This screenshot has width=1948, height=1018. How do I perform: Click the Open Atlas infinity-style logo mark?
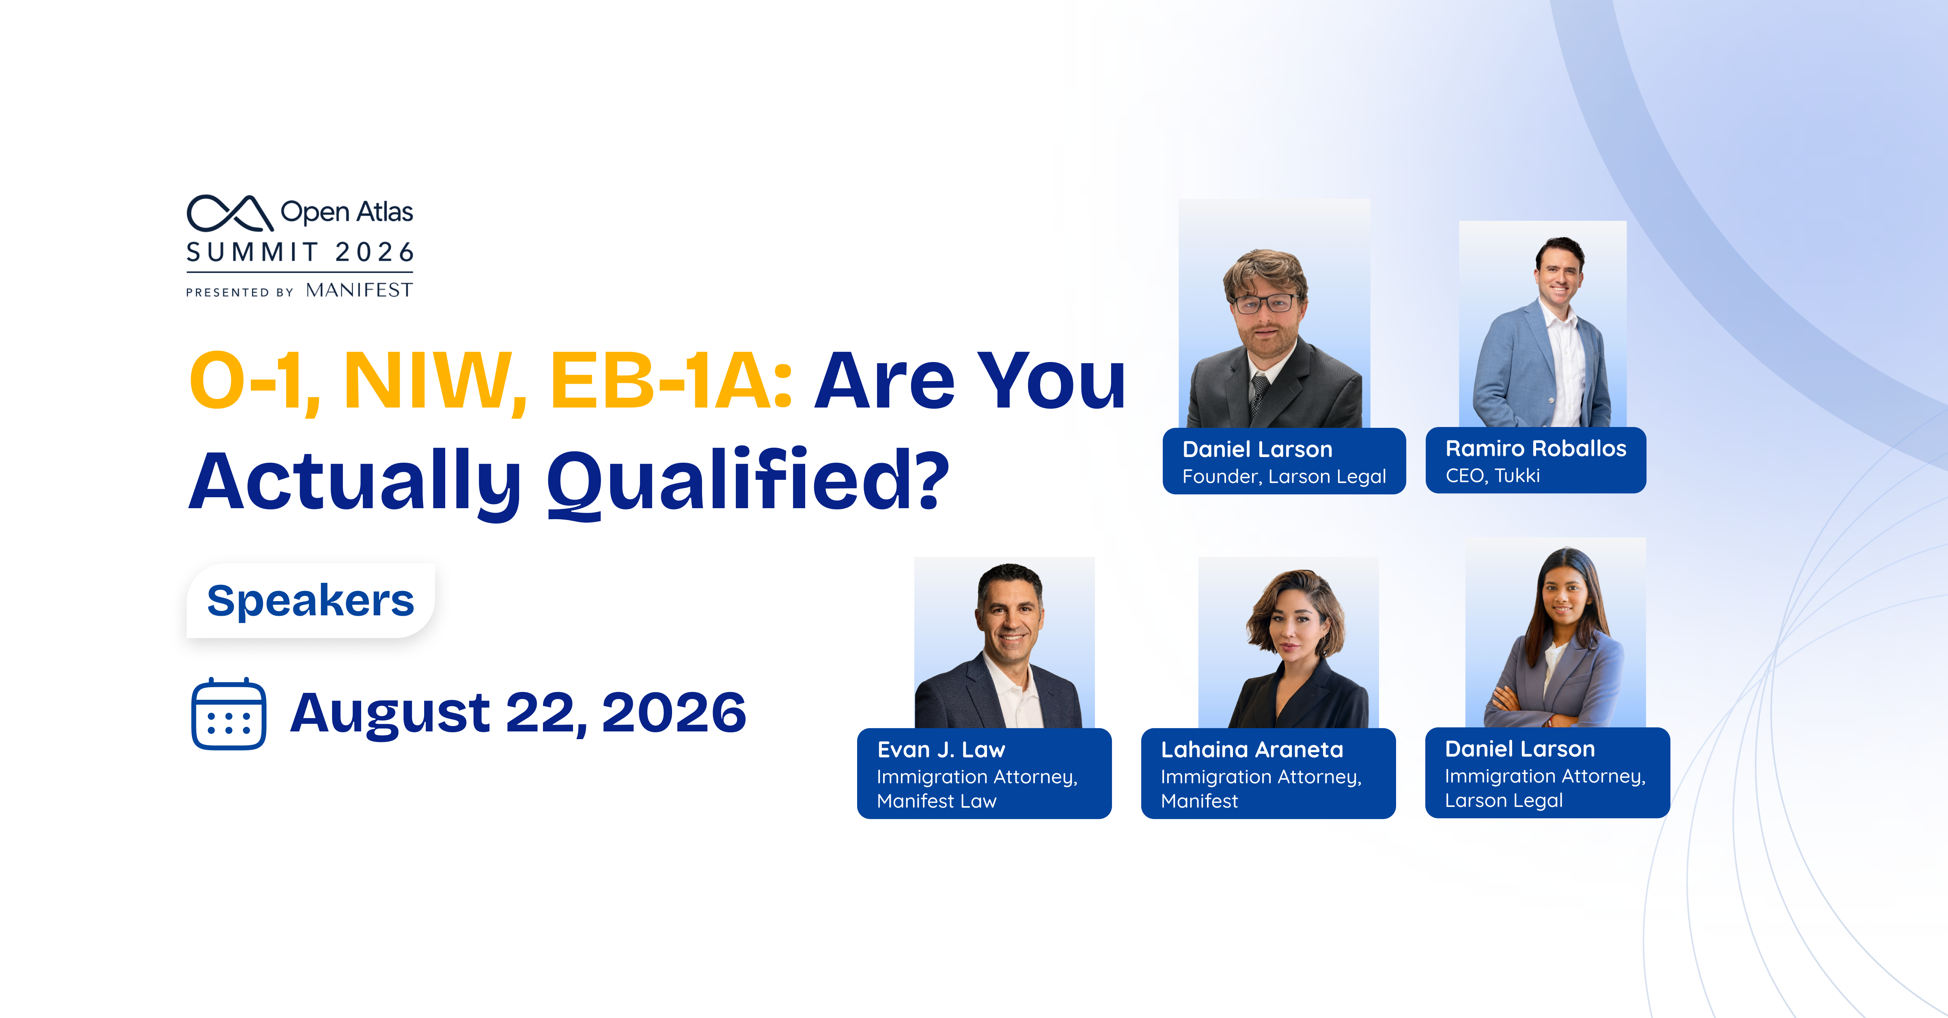coord(230,213)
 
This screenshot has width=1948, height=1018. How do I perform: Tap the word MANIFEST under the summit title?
coord(359,291)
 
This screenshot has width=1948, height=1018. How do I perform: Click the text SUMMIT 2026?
coord(300,252)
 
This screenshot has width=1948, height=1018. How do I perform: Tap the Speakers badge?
coord(311,600)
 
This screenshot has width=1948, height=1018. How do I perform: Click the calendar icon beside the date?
coord(228,714)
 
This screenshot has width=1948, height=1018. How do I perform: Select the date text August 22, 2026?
coord(519,713)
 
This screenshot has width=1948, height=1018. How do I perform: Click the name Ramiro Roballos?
coord(1536,449)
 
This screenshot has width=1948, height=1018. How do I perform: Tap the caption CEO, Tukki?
coord(1493,476)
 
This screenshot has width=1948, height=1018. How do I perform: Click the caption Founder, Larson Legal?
coord(1284,477)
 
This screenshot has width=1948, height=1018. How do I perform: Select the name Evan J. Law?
coord(942,750)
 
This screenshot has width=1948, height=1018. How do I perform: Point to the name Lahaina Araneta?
coord(1252,750)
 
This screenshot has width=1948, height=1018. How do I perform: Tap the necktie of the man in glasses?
coord(1258,393)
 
